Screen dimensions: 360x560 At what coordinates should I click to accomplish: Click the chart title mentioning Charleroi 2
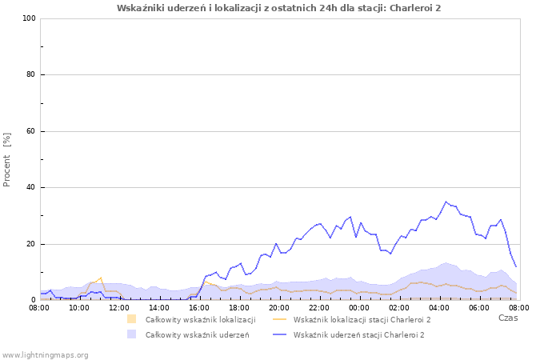click(x=278, y=8)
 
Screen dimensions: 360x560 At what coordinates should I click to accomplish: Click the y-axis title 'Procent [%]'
click(x=7, y=159)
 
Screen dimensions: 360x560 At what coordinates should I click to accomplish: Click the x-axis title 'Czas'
click(x=507, y=318)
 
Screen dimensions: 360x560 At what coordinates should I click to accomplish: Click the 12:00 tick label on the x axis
click(x=119, y=307)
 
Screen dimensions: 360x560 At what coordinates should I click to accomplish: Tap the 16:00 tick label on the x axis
click(x=199, y=307)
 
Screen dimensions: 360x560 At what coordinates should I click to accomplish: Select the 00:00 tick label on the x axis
click(x=359, y=307)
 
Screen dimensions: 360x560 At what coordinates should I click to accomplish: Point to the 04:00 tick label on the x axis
click(x=439, y=307)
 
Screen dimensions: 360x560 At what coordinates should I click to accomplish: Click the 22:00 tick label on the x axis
click(x=319, y=307)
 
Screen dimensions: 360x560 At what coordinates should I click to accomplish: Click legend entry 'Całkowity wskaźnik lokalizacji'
click(x=200, y=320)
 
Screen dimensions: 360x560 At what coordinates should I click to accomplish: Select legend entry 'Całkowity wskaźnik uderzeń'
click(x=197, y=334)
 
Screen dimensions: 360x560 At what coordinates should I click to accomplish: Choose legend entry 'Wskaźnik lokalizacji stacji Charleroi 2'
click(x=362, y=320)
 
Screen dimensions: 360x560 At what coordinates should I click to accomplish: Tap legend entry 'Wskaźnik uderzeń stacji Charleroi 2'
click(x=358, y=334)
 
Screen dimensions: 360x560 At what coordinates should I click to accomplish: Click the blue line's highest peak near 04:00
click(x=446, y=202)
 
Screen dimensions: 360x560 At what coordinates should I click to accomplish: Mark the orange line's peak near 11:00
click(x=101, y=278)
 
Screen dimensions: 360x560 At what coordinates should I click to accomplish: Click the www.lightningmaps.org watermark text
click(x=46, y=354)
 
